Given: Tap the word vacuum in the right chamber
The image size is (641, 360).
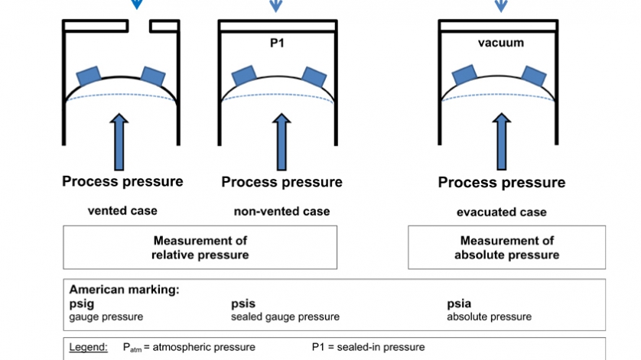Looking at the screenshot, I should (x=501, y=43).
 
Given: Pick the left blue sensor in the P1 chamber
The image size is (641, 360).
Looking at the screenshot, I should (x=243, y=75).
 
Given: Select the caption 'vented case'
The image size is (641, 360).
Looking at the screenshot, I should (x=122, y=210).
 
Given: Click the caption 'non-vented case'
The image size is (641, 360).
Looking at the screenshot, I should (x=281, y=211).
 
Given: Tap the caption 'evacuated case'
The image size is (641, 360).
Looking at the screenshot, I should (x=501, y=212).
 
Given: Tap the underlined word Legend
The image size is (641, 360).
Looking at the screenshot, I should (x=88, y=347).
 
